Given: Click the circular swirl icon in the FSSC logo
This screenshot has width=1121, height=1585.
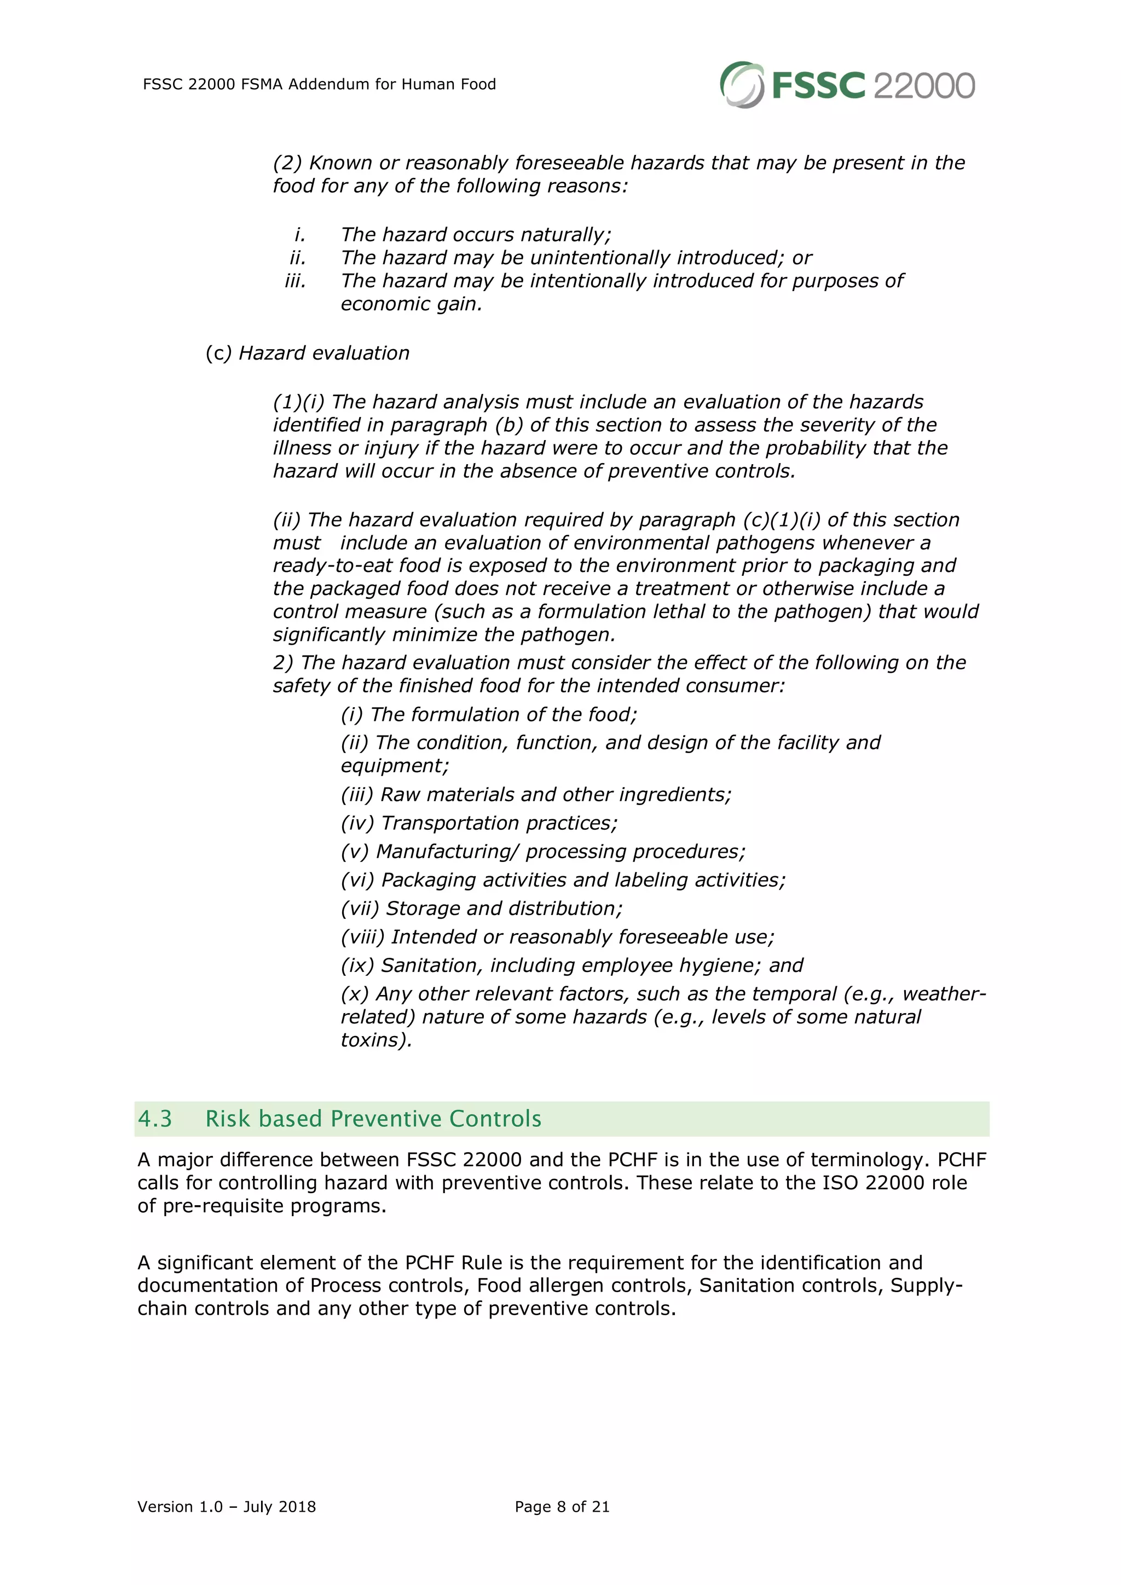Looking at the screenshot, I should [x=741, y=85].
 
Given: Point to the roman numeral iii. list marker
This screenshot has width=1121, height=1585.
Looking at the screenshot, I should [x=296, y=281].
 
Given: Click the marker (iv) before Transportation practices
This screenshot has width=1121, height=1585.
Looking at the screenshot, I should [x=357, y=824].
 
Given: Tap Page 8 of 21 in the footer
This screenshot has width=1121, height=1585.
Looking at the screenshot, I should [x=562, y=1507].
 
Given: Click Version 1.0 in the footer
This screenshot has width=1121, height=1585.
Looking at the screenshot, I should [x=180, y=1507].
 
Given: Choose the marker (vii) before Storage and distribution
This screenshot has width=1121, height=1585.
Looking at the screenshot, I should [x=360, y=909].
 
